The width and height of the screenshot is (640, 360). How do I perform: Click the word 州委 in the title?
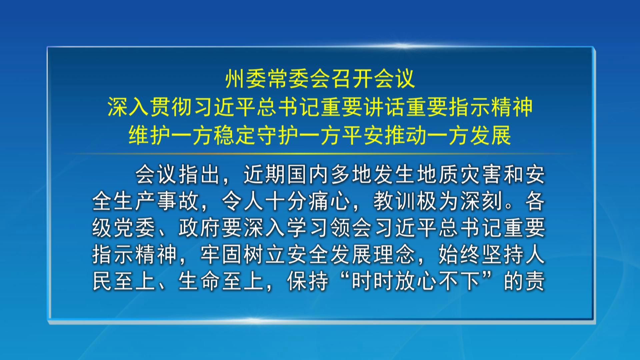coord(246,79)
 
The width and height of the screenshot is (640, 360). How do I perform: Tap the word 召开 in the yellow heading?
coord(352,79)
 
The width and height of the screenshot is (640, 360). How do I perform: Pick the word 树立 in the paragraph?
coord(265,255)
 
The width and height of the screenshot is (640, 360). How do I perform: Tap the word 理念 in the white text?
coord(394,255)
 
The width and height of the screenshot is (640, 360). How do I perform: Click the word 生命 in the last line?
coord(200,282)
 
